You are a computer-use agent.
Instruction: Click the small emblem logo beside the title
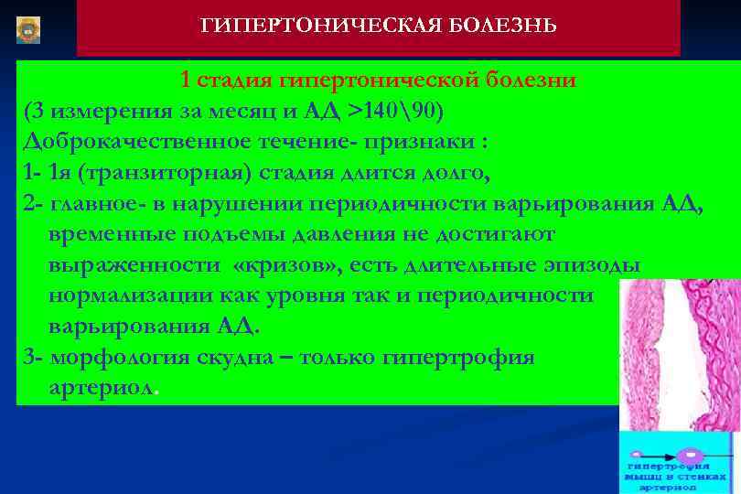[28, 28]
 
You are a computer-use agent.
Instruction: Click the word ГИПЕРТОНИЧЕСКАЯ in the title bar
[312, 25]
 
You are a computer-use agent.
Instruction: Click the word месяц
[260, 112]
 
